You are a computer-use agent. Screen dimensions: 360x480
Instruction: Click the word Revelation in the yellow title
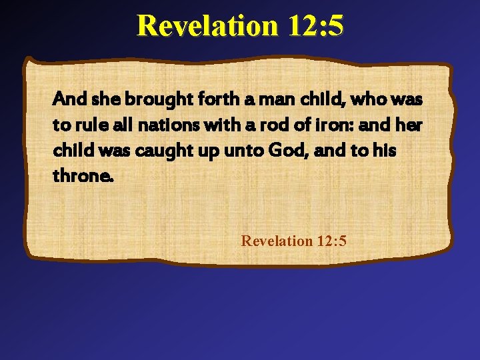click(x=207, y=25)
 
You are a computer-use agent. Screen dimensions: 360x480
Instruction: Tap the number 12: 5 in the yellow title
click(x=317, y=25)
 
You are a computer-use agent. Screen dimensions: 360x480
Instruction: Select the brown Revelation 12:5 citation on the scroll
click(x=294, y=240)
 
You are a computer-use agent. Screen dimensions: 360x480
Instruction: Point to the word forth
click(x=211, y=100)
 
